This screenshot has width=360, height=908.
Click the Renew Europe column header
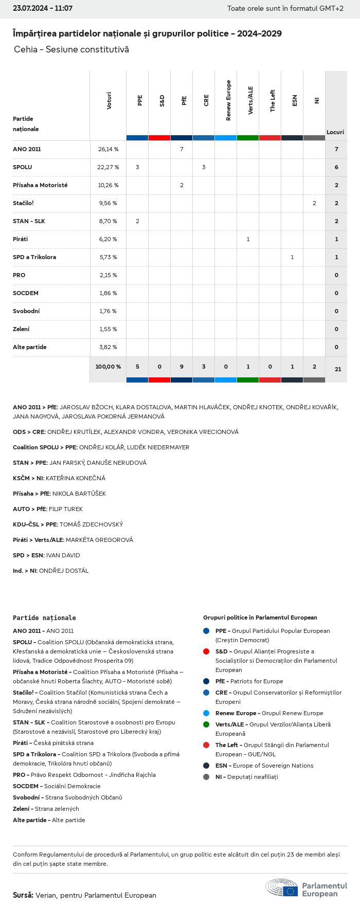coord(228,101)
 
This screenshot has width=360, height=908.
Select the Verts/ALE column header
coord(250,101)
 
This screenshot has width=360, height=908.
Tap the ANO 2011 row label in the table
coord(27,149)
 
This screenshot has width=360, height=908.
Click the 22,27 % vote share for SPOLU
coord(108,167)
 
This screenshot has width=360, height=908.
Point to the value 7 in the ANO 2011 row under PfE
coord(182,149)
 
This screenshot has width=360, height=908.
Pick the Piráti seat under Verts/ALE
coord(248,239)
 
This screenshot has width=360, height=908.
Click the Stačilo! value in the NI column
coord(314,203)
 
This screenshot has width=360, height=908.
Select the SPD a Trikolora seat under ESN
coord(292,257)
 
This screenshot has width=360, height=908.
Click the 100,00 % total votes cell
coord(108,367)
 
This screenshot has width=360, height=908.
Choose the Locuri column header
coord(335,132)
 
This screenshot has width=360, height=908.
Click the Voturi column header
coord(109,101)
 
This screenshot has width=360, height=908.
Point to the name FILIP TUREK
coord(66,509)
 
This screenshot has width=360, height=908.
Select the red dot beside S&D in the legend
coord(206,651)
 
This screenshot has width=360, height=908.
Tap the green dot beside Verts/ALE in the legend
coord(206,724)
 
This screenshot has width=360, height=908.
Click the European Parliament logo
coord(306,887)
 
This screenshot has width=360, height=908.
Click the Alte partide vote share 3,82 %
coord(108,347)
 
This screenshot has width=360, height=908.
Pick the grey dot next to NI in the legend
coord(206,777)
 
